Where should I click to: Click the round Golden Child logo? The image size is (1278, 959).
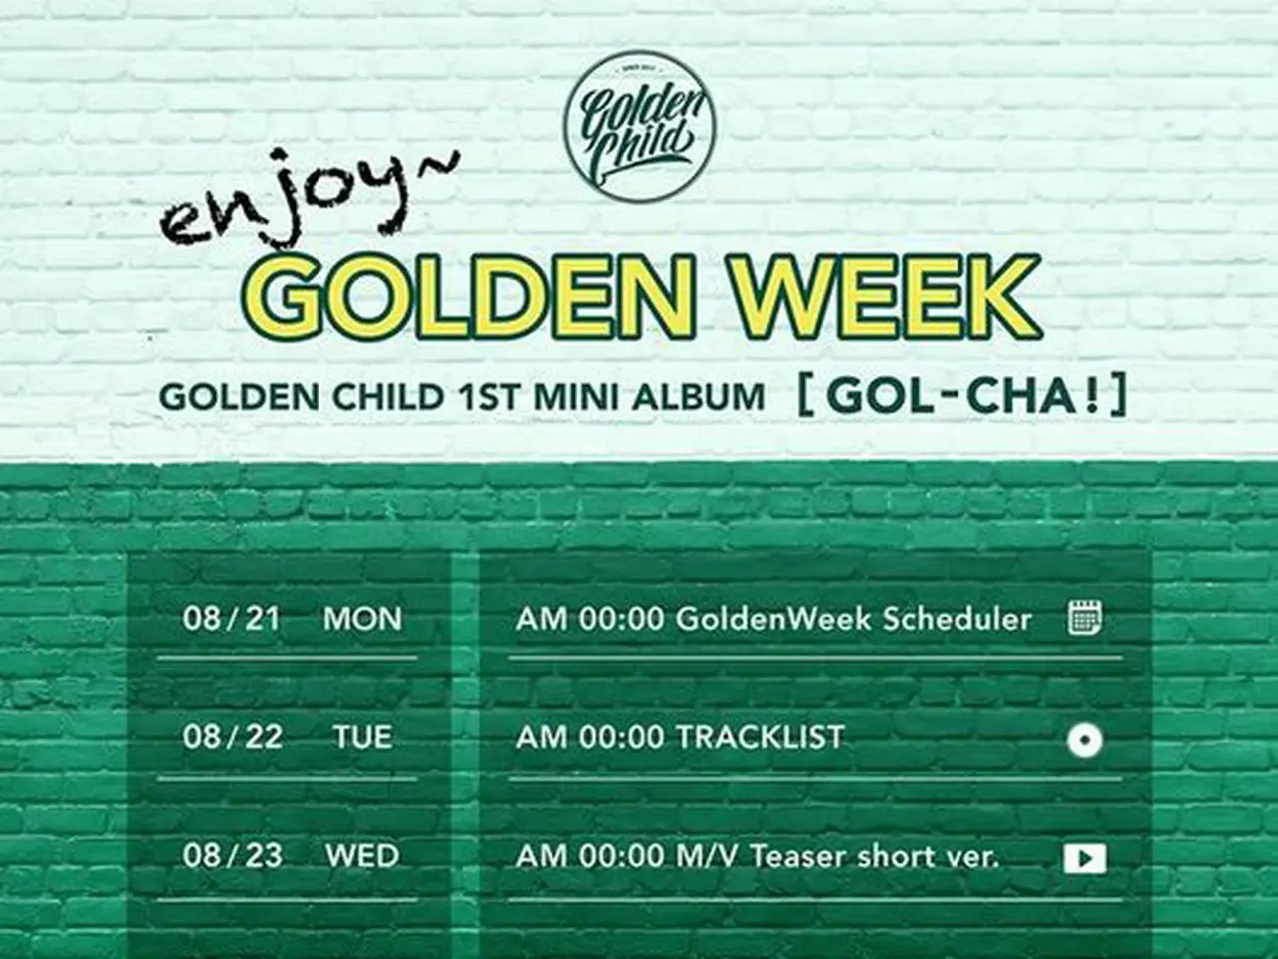(639, 126)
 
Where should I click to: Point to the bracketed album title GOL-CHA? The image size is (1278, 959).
(961, 396)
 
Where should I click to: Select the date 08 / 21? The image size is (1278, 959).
(232, 618)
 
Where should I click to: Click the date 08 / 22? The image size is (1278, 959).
(232, 737)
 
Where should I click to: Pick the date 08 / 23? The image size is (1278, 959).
(232, 855)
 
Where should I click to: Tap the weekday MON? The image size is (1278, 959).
(362, 619)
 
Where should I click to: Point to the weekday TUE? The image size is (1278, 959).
(362, 738)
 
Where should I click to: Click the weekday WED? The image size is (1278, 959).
(362, 856)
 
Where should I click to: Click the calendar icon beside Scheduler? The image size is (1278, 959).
(1085, 618)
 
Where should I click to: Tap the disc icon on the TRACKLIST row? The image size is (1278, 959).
(1084, 740)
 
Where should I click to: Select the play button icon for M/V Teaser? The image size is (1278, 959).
(1085, 859)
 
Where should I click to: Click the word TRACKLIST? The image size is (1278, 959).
(760, 738)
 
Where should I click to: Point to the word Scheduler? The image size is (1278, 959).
(957, 619)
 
